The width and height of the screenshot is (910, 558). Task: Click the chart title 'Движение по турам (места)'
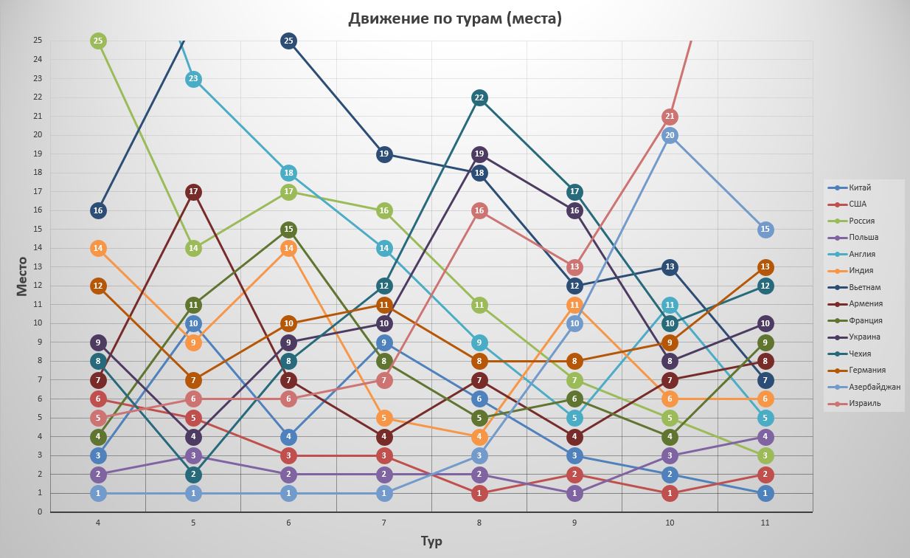455,18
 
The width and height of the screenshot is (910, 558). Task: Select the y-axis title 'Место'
21,276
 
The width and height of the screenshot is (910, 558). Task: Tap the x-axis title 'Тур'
431,541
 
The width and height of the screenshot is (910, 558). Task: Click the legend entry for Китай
859,187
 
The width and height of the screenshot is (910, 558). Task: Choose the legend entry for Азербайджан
874,387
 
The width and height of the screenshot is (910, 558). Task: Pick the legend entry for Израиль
864,404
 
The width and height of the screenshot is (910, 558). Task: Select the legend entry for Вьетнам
864,287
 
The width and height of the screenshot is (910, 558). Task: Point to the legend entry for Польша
863,238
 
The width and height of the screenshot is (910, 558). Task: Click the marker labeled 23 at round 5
193,79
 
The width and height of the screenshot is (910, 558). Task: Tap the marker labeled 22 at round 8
479,97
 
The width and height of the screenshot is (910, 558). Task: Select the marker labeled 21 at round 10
670,117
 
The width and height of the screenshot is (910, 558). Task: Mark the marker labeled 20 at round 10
670,135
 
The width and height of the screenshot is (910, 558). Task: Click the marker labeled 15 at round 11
765,230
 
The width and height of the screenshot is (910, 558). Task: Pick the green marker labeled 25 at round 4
98,41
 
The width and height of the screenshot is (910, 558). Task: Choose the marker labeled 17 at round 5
193,192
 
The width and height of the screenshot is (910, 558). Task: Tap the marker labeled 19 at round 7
384,154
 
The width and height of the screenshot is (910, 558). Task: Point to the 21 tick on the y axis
38,116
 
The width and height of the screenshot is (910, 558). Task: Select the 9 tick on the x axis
574,523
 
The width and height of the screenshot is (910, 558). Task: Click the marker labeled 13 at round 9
574,267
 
